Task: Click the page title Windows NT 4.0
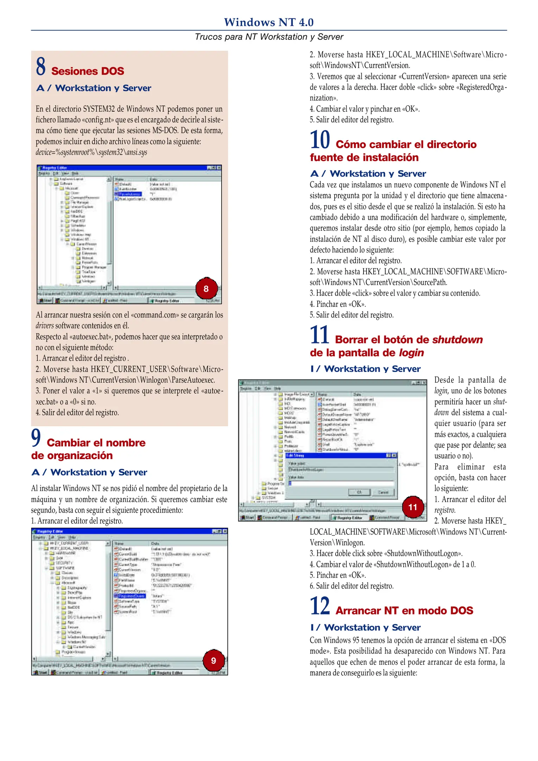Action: coord(268,22)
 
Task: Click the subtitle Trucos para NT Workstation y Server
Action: coord(268,37)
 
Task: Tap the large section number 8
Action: coord(40,67)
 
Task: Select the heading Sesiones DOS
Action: coord(88,71)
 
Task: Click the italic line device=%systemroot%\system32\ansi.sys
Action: coord(91,152)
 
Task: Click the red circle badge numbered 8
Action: coord(206,289)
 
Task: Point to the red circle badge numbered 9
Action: coord(213,660)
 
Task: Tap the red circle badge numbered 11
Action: coord(412,507)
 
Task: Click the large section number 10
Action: coord(319,140)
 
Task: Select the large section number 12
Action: coord(319,606)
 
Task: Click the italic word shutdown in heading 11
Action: coord(457,340)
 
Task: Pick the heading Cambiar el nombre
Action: coord(96,443)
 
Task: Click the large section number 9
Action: coord(36,437)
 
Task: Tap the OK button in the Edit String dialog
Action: coord(359,492)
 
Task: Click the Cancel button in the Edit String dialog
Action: coord(383,492)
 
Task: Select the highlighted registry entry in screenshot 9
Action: coord(129,596)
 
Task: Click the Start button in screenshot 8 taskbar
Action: coord(45,301)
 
